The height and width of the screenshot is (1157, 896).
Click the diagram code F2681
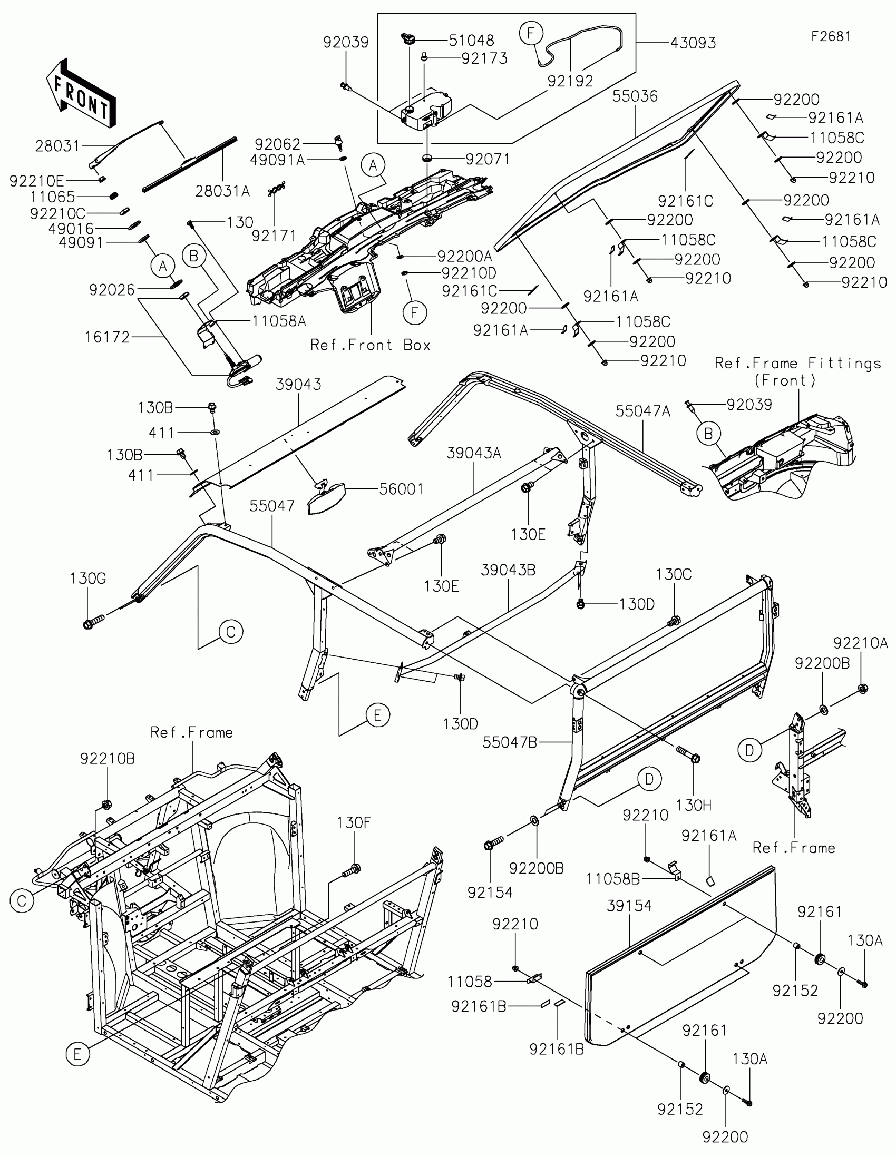pos(831,36)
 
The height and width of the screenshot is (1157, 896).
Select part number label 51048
pos(471,40)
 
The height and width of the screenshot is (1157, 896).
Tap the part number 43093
pos(693,43)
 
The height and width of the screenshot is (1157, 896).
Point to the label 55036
pos(635,96)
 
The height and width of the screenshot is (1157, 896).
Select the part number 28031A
pos(222,191)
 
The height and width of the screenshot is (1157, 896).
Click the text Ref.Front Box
pos(370,345)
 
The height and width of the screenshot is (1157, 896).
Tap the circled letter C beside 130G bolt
pos(231,632)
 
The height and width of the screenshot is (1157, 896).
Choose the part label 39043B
pos(508,570)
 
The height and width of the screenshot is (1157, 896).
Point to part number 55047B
pos(509,743)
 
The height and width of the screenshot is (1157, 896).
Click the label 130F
pos(354,823)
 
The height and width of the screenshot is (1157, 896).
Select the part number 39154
pos(629,906)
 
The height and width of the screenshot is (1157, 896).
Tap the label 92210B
pos(108,759)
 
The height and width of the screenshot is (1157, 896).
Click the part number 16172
pos(108,337)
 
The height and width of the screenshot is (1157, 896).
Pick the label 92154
pos(490,893)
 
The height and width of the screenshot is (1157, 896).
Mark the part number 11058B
pos(612,879)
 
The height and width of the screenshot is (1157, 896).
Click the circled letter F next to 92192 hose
pos(531,33)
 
